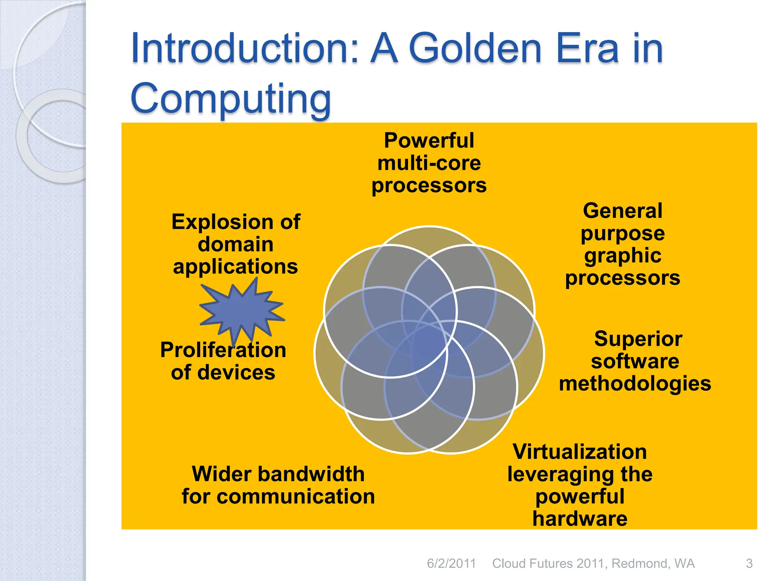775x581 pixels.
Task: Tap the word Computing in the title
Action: pyautogui.click(x=231, y=99)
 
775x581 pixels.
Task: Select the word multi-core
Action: pyautogui.click(x=429, y=163)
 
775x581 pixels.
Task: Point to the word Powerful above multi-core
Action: pyautogui.click(x=429, y=141)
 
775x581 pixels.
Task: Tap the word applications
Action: pyautogui.click(x=235, y=267)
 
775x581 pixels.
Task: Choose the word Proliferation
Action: pyautogui.click(x=223, y=350)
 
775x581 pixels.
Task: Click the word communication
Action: pyautogui.click(x=296, y=497)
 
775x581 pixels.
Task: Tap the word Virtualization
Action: pyautogui.click(x=580, y=452)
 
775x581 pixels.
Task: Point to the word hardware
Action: pyautogui.click(x=580, y=519)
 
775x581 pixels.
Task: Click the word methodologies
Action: pyautogui.click(x=635, y=384)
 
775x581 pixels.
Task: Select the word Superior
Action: pyautogui.click(x=638, y=339)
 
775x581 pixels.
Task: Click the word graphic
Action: pyautogui.click(x=623, y=256)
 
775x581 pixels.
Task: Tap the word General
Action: pyautogui.click(x=623, y=211)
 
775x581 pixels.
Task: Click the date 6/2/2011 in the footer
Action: pyautogui.click(x=451, y=564)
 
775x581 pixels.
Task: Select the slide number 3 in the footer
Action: pyautogui.click(x=749, y=564)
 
